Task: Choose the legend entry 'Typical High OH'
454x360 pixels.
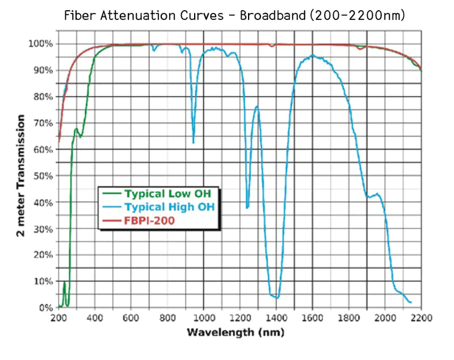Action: pyautogui.click(x=170, y=207)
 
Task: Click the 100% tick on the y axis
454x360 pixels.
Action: pyautogui.click(x=43, y=44)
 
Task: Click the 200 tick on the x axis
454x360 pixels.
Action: pyautogui.click(x=59, y=317)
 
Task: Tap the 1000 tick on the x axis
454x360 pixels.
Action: pyautogui.click(x=204, y=317)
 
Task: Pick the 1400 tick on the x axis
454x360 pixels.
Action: pyautogui.click(x=276, y=317)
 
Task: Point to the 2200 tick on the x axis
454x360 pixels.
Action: pyautogui.click(x=421, y=317)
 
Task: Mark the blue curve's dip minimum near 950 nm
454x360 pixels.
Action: pyautogui.click(x=194, y=143)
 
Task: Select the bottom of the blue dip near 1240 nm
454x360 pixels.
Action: pyautogui.click(x=247, y=208)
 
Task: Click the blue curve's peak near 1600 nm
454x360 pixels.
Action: pyautogui.click(x=312, y=55)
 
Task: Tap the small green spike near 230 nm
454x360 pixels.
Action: pyautogui.click(x=65, y=282)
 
